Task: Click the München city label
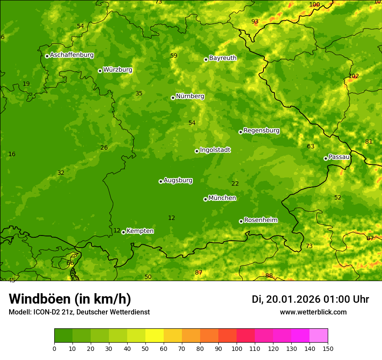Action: tap(222, 198)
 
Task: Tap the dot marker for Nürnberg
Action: tap(173, 98)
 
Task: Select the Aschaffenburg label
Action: tap(72, 55)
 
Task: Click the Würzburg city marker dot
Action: tap(100, 71)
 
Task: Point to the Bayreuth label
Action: tap(223, 58)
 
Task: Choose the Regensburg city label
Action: tap(261, 131)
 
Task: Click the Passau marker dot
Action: tap(326, 158)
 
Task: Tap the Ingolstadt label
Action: tap(215, 150)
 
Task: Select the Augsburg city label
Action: tap(178, 180)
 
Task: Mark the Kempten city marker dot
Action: tap(123, 232)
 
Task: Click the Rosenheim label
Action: tap(260, 220)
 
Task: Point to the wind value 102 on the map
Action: tap(353, 76)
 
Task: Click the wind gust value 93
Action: tap(255, 22)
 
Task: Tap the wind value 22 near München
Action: tap(235, 184)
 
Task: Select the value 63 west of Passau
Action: tap(310, 147)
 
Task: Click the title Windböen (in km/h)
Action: tap(70, 299)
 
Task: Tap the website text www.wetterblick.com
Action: tap(313, 312)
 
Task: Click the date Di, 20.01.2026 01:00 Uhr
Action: tap(310, 299)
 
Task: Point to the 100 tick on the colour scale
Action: tap(237, 349)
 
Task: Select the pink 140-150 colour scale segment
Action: tap(319, 335)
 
